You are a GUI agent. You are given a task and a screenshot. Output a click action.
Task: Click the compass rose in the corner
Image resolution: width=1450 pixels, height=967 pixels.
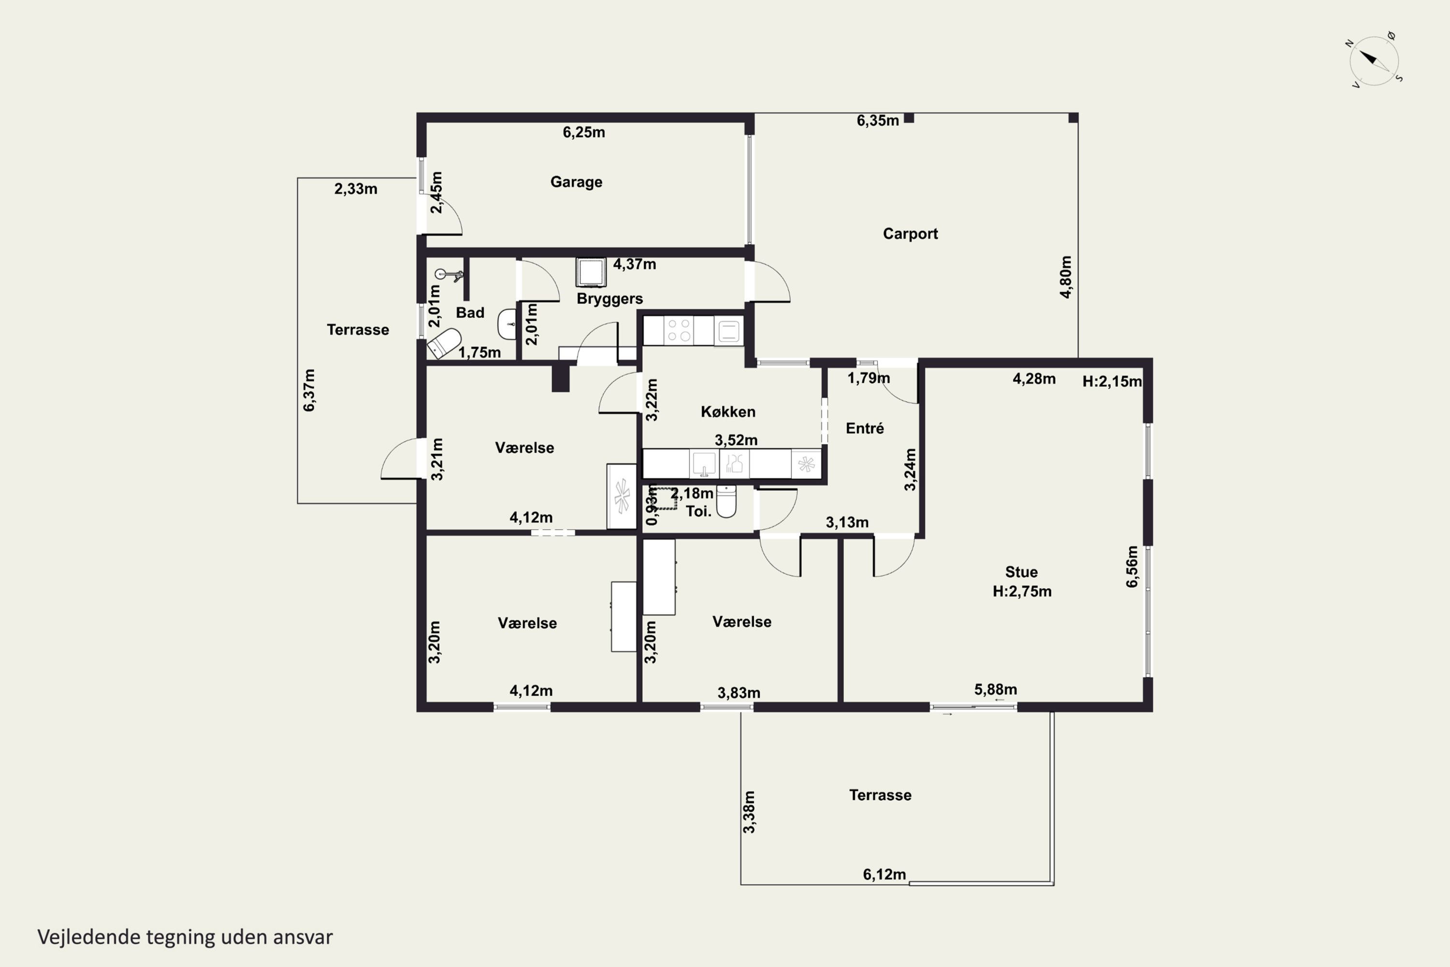pyautogui.click(x=1374, y=60)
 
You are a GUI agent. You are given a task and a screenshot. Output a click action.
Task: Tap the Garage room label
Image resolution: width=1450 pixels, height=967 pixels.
pyautogui.click(x=577, y=182)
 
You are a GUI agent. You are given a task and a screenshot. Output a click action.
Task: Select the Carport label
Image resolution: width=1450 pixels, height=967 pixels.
pyautogui.click(x=910, y=234)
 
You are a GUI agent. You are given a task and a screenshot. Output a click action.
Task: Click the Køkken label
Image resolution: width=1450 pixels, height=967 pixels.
pyautogui.click(x=728, y=412)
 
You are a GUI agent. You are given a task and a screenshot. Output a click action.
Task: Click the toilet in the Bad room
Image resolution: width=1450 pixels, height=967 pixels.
pyautogui.click(x=445, y=343)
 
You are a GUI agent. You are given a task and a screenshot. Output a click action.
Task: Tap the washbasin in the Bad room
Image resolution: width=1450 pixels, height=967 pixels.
pyautogui.click(x=507, y=324)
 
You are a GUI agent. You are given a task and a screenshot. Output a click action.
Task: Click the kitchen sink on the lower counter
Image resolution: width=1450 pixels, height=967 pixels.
pyautogui.click(x=703, y=464)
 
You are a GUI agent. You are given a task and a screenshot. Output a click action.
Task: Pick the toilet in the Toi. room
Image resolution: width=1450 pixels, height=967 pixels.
pyautogui.click(x=726, y=501)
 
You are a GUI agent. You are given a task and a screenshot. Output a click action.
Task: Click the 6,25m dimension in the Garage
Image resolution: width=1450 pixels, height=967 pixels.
pyautogui.click(x=583, y=132)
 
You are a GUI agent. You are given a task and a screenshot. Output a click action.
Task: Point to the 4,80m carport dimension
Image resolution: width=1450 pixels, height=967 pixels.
pyautogui.click(x=1066, y=277)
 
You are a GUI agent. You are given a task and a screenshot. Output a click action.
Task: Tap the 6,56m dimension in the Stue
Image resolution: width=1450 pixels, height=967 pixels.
pyautogui.click(x=1132, y=567)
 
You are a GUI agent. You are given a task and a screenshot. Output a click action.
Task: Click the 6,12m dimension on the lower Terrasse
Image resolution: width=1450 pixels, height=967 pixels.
pyautogui.click(x=884, y=875)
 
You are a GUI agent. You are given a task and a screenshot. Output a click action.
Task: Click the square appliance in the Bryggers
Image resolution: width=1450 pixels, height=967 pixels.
pyautogui.click(x=591, y=272)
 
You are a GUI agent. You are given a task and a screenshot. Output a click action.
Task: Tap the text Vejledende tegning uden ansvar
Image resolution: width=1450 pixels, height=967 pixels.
pyautogui.click(x=185, y=937)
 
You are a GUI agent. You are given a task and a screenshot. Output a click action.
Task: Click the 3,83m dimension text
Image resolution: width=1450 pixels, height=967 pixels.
pyautogui.click(x=739, y=693)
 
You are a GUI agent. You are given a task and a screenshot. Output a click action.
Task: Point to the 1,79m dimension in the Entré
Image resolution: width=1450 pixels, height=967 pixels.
pyautogui.click(x=869, y=378)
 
